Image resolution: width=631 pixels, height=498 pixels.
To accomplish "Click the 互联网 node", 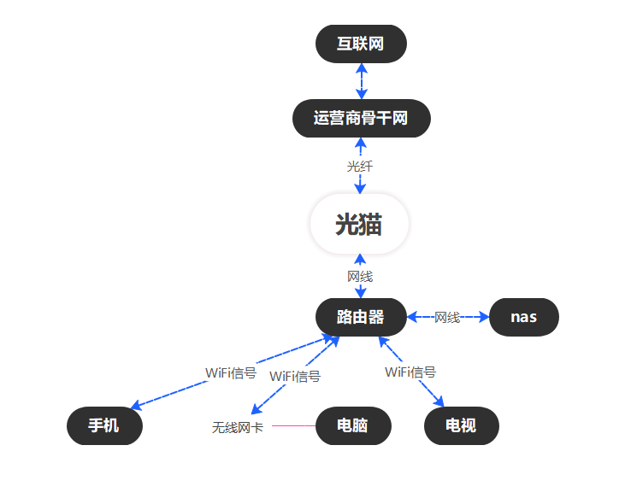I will point(361,44).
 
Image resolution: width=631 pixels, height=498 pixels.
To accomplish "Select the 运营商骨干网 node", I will point(361,118).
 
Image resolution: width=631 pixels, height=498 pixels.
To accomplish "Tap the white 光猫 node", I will point(359,225).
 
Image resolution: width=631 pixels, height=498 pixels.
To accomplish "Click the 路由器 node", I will point(360,317).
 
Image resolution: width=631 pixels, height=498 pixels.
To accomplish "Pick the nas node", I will point(523,317).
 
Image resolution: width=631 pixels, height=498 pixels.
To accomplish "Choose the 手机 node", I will point(104,425).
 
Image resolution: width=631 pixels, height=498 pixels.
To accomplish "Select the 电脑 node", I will point(352,425).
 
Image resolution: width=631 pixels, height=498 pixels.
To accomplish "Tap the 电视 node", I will point(461,425).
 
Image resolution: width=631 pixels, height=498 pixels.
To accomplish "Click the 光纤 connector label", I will point(360,167).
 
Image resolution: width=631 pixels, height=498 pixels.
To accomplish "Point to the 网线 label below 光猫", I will point(360,277).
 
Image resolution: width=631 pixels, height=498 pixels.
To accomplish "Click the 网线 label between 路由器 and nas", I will point(447,317).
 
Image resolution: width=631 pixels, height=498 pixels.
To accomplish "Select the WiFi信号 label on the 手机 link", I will point(231,373).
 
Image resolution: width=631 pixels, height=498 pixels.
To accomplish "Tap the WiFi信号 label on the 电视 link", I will point(410,372).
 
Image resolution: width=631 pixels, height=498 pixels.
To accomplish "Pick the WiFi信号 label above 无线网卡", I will point(295,376).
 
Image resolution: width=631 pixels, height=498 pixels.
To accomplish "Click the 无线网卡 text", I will point(238,427).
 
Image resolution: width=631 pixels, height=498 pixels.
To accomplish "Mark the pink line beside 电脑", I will point(293,425).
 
